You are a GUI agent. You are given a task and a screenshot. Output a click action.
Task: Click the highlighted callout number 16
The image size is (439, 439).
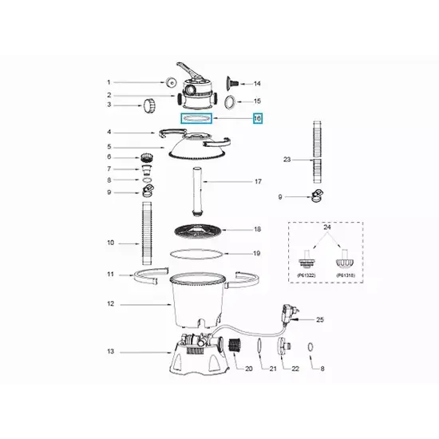(x=257, y=118)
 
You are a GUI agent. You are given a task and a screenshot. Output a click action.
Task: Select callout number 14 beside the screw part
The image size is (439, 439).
(x=257, y=83)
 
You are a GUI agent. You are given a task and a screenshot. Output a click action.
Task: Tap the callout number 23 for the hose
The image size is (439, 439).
(x=287, y=160)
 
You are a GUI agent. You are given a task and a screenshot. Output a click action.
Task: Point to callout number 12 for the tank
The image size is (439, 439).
(x=112, y=303)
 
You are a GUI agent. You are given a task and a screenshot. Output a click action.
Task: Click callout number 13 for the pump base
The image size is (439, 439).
(x=111, y=351)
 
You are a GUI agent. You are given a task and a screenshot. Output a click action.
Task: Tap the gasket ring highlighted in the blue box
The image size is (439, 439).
(x=196, y=118)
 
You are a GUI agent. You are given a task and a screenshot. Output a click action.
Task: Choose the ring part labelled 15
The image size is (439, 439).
(x=230, y=101)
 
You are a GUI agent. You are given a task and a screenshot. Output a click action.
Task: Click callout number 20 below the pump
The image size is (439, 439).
(x=248, y=369)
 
